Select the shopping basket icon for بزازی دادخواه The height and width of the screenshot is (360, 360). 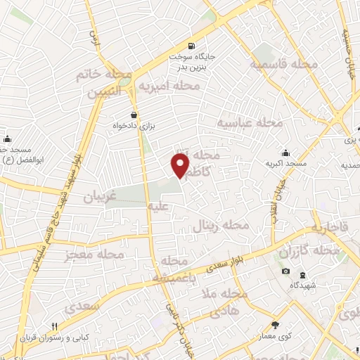(134, 115)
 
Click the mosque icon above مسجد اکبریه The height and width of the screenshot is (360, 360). (286, 153)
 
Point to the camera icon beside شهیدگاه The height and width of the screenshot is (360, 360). (285, 271)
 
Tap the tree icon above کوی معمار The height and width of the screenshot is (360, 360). (275, 325)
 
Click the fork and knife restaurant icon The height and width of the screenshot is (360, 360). (54, 326)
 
